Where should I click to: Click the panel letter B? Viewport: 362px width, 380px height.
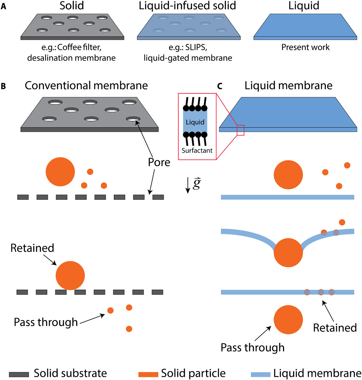tap(4, 87)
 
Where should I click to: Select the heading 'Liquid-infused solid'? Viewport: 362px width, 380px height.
tap(185, 7)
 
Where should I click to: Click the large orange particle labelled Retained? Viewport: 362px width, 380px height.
tap(70, 276)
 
